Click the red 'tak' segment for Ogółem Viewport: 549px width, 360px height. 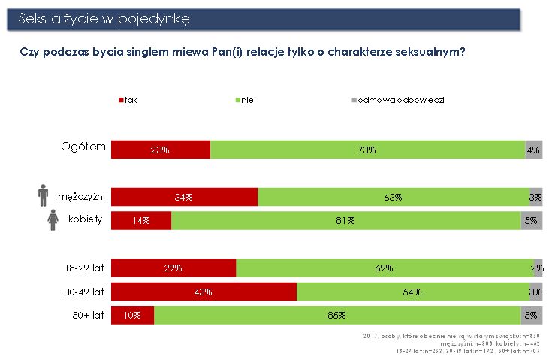[161, 150]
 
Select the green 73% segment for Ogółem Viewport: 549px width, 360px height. [367, 150]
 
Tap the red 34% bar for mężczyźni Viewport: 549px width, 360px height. [184, 197]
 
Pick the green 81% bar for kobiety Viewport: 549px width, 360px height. [345, 221]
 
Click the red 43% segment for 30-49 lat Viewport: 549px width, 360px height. [204, 292]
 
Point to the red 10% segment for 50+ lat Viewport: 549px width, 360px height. [133, 315]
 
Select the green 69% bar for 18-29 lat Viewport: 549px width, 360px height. [384, 268]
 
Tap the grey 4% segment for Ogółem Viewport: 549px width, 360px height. [533, 150]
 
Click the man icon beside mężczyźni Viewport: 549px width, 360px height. [43, 196]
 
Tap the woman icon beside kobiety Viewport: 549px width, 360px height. [53, 220]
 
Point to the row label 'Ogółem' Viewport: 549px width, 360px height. [83, 146]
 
